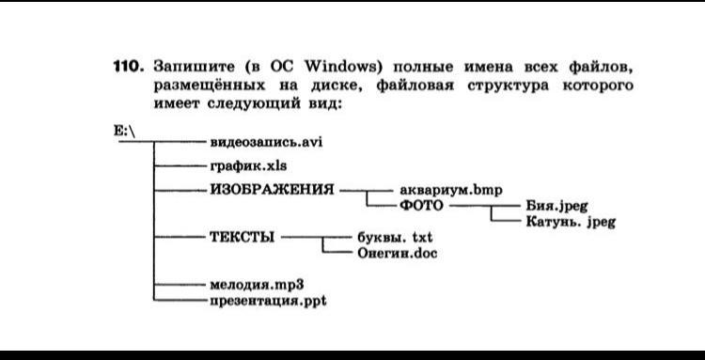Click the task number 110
(128, 68)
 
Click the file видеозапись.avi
(267, 143)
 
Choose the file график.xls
(249, 166)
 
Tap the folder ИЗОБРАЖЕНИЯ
(272, 190)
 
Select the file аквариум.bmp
(451, 191)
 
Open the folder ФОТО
(421, 206)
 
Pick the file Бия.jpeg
(556, 206)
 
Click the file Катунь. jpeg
(571, 222)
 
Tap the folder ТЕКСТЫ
(242, 237)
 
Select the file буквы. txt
(395, 237)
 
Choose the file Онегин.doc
(398, 254)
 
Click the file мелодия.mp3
(257, 285)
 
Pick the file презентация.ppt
(269, 301)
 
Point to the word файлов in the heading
(601, 68)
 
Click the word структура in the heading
(508, 86)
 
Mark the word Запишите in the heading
(194, 68)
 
